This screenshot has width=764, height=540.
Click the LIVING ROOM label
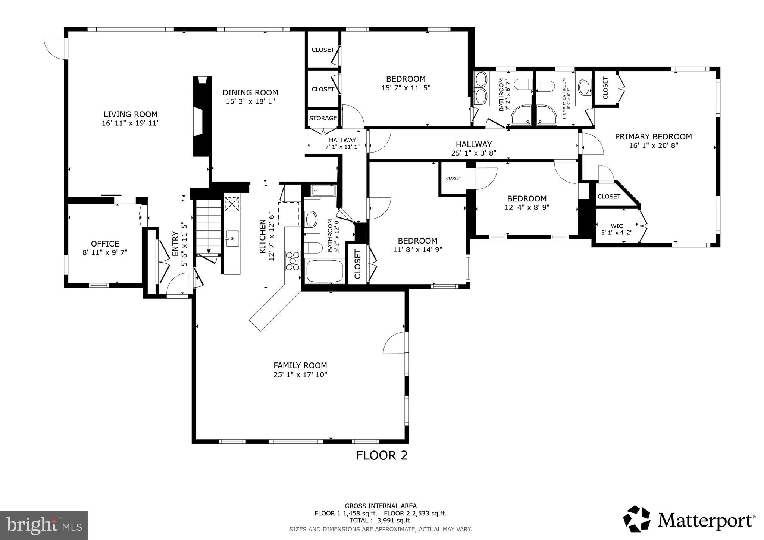point(131,114)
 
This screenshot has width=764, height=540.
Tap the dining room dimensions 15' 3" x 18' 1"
point(250,101)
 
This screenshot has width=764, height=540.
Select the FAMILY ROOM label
point(300,365)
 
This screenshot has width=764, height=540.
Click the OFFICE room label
point(105,244)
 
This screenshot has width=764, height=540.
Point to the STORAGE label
point(323,118)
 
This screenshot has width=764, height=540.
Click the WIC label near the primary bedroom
point(617,226)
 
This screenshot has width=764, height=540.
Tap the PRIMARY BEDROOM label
point(653,137)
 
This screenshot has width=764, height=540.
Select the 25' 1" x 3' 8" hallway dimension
point(473,153)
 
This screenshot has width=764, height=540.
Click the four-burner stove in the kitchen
point(292,261)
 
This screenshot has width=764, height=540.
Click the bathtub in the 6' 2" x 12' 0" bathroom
point(324,271)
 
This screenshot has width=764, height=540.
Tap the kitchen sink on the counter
point(232,238)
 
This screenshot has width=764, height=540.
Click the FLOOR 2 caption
point(382,455)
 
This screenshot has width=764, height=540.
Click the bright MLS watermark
point(44,525)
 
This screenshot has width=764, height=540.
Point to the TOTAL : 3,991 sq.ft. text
point(381,520)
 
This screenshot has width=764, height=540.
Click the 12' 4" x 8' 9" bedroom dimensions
point(527,207)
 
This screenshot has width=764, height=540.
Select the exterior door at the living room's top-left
point(54,48)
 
